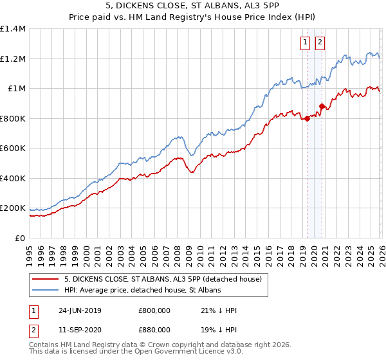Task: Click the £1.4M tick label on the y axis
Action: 13,29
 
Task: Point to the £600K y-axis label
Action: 13,148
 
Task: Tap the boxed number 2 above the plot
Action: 320,43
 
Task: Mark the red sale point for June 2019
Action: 307,118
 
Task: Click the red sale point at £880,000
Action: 321,107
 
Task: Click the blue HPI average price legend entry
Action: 142,291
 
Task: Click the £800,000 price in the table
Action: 154,310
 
